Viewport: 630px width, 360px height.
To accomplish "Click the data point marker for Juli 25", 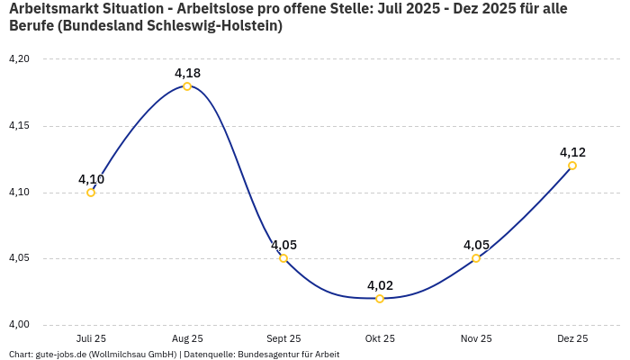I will click(91, 192).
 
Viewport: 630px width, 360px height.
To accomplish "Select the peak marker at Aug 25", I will click(187, 86).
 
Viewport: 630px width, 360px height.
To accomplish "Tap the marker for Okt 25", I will click(380, 298).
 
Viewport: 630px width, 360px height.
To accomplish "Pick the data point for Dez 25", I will click(572, 166).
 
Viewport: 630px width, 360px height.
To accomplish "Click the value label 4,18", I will click(187, 73).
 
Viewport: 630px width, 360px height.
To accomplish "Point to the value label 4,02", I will click(380, 285).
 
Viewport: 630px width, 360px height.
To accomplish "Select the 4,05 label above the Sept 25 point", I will click(283, 245).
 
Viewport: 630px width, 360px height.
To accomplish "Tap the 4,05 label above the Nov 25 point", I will click(476, 245).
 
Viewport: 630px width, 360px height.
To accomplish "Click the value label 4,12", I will click(572, 152).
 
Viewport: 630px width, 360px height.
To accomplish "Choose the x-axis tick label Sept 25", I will click(283, 338).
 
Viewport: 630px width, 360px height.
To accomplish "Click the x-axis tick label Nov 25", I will click(476, 338).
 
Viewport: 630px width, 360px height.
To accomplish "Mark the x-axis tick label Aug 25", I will click(187, 338).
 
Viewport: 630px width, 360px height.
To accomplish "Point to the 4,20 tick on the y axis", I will click(19, 59).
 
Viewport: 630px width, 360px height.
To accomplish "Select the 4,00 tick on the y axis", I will click(19, 325).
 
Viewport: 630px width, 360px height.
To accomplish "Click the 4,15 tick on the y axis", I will click(19, 126).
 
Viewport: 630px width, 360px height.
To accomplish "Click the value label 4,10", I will click(91, 179).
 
